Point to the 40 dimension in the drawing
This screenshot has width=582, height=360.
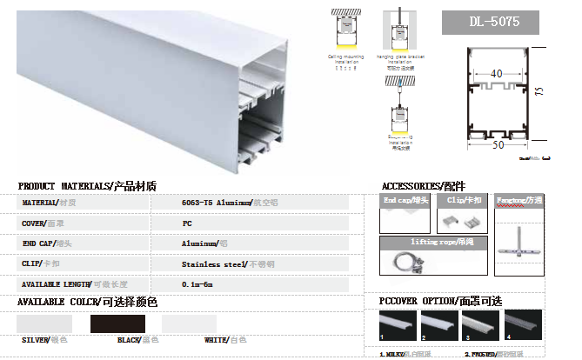coord(497,75)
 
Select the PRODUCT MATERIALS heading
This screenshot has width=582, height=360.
coord(87,186)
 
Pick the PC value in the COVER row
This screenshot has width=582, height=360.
coord(186,223)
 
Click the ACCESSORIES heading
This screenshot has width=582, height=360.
coord(423,186)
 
